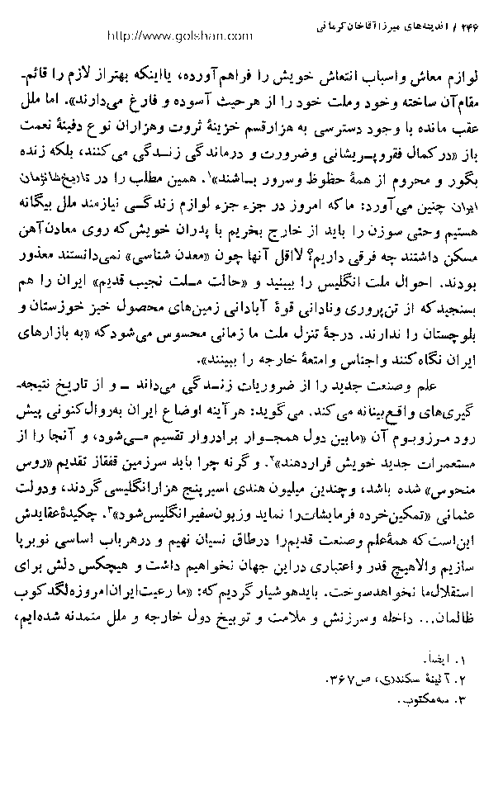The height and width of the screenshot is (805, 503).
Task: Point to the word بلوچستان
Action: point(449,339)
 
